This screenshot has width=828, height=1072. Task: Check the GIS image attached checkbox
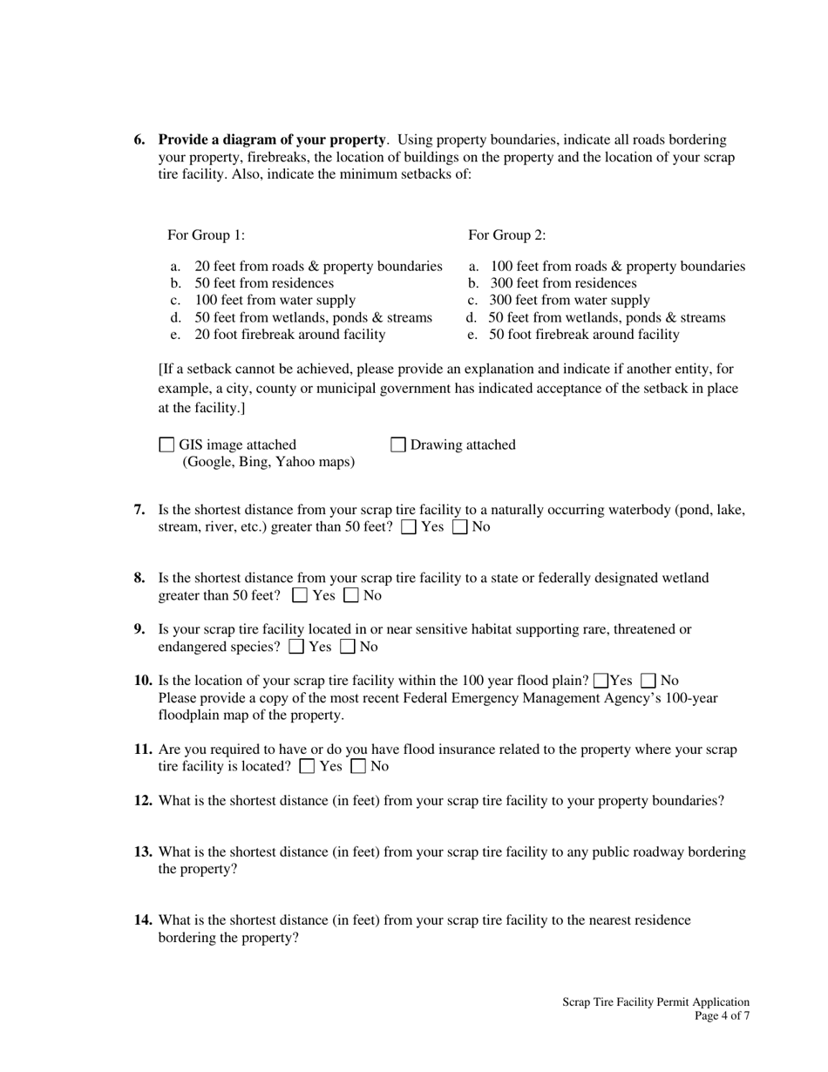point(166,445)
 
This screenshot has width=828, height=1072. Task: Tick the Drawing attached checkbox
point(398,445)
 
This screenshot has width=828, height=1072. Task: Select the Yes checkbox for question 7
point(409,527)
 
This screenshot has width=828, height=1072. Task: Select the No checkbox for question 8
point(351,596)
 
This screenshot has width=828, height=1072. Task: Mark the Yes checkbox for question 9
point(296,647)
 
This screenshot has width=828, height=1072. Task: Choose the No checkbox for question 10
point(648,681)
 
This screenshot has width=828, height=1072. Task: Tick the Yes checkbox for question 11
point(307,767)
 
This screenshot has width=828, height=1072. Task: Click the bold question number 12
point(144,801)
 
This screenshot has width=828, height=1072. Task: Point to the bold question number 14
point(144,920)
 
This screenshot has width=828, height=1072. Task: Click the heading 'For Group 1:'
point(207,235)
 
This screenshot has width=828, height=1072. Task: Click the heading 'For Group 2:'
point(507,235)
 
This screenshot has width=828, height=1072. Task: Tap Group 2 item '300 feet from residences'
point(563,284)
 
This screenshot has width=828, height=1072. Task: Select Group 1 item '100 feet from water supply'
point(275,301)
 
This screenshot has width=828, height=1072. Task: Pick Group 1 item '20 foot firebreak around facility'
point(289,335)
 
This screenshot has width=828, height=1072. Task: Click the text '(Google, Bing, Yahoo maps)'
point(268,462)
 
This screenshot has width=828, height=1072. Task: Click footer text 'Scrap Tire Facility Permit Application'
point(655,1002)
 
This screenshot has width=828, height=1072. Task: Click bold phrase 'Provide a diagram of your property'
point(272,139)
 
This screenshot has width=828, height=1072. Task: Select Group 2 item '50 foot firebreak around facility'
point(584,335)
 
